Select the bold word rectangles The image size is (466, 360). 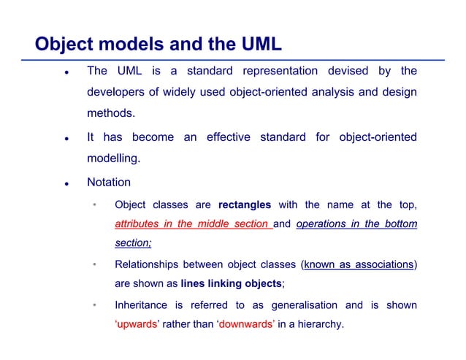[x=245, y=204]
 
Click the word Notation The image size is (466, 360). [x=109, y=183]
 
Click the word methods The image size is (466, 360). [x=111, y=114]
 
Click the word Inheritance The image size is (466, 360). [x=142, y=305]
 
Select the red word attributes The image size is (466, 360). [x=137, y=224]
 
